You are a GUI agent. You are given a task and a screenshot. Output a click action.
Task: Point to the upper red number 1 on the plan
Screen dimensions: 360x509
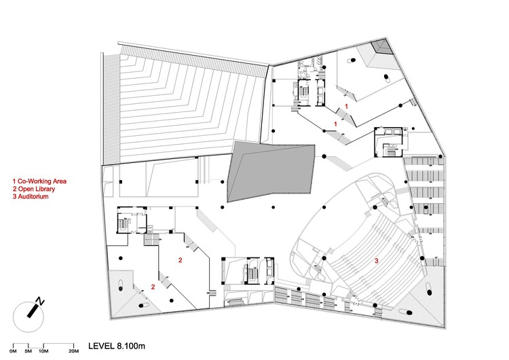coord(346,107)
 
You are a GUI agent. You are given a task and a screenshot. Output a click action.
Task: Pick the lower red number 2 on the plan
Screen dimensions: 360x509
coord(153,287)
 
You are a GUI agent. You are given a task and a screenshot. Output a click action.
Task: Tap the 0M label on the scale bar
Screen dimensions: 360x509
coord(12,350)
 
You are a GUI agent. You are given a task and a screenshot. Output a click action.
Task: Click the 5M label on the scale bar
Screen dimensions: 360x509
coord(29,350)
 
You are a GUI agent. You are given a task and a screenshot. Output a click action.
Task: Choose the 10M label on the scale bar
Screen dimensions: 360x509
coord(44,350)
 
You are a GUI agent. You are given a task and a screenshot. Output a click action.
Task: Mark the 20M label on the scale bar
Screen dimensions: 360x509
coord(73,350)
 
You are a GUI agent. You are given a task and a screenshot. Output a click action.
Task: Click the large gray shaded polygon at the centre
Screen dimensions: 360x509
coord(271,170)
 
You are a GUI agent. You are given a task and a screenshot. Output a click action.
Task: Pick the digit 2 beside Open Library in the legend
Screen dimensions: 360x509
coord(15,190)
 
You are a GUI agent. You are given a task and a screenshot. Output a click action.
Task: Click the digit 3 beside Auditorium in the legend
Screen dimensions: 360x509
coord(15,197)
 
